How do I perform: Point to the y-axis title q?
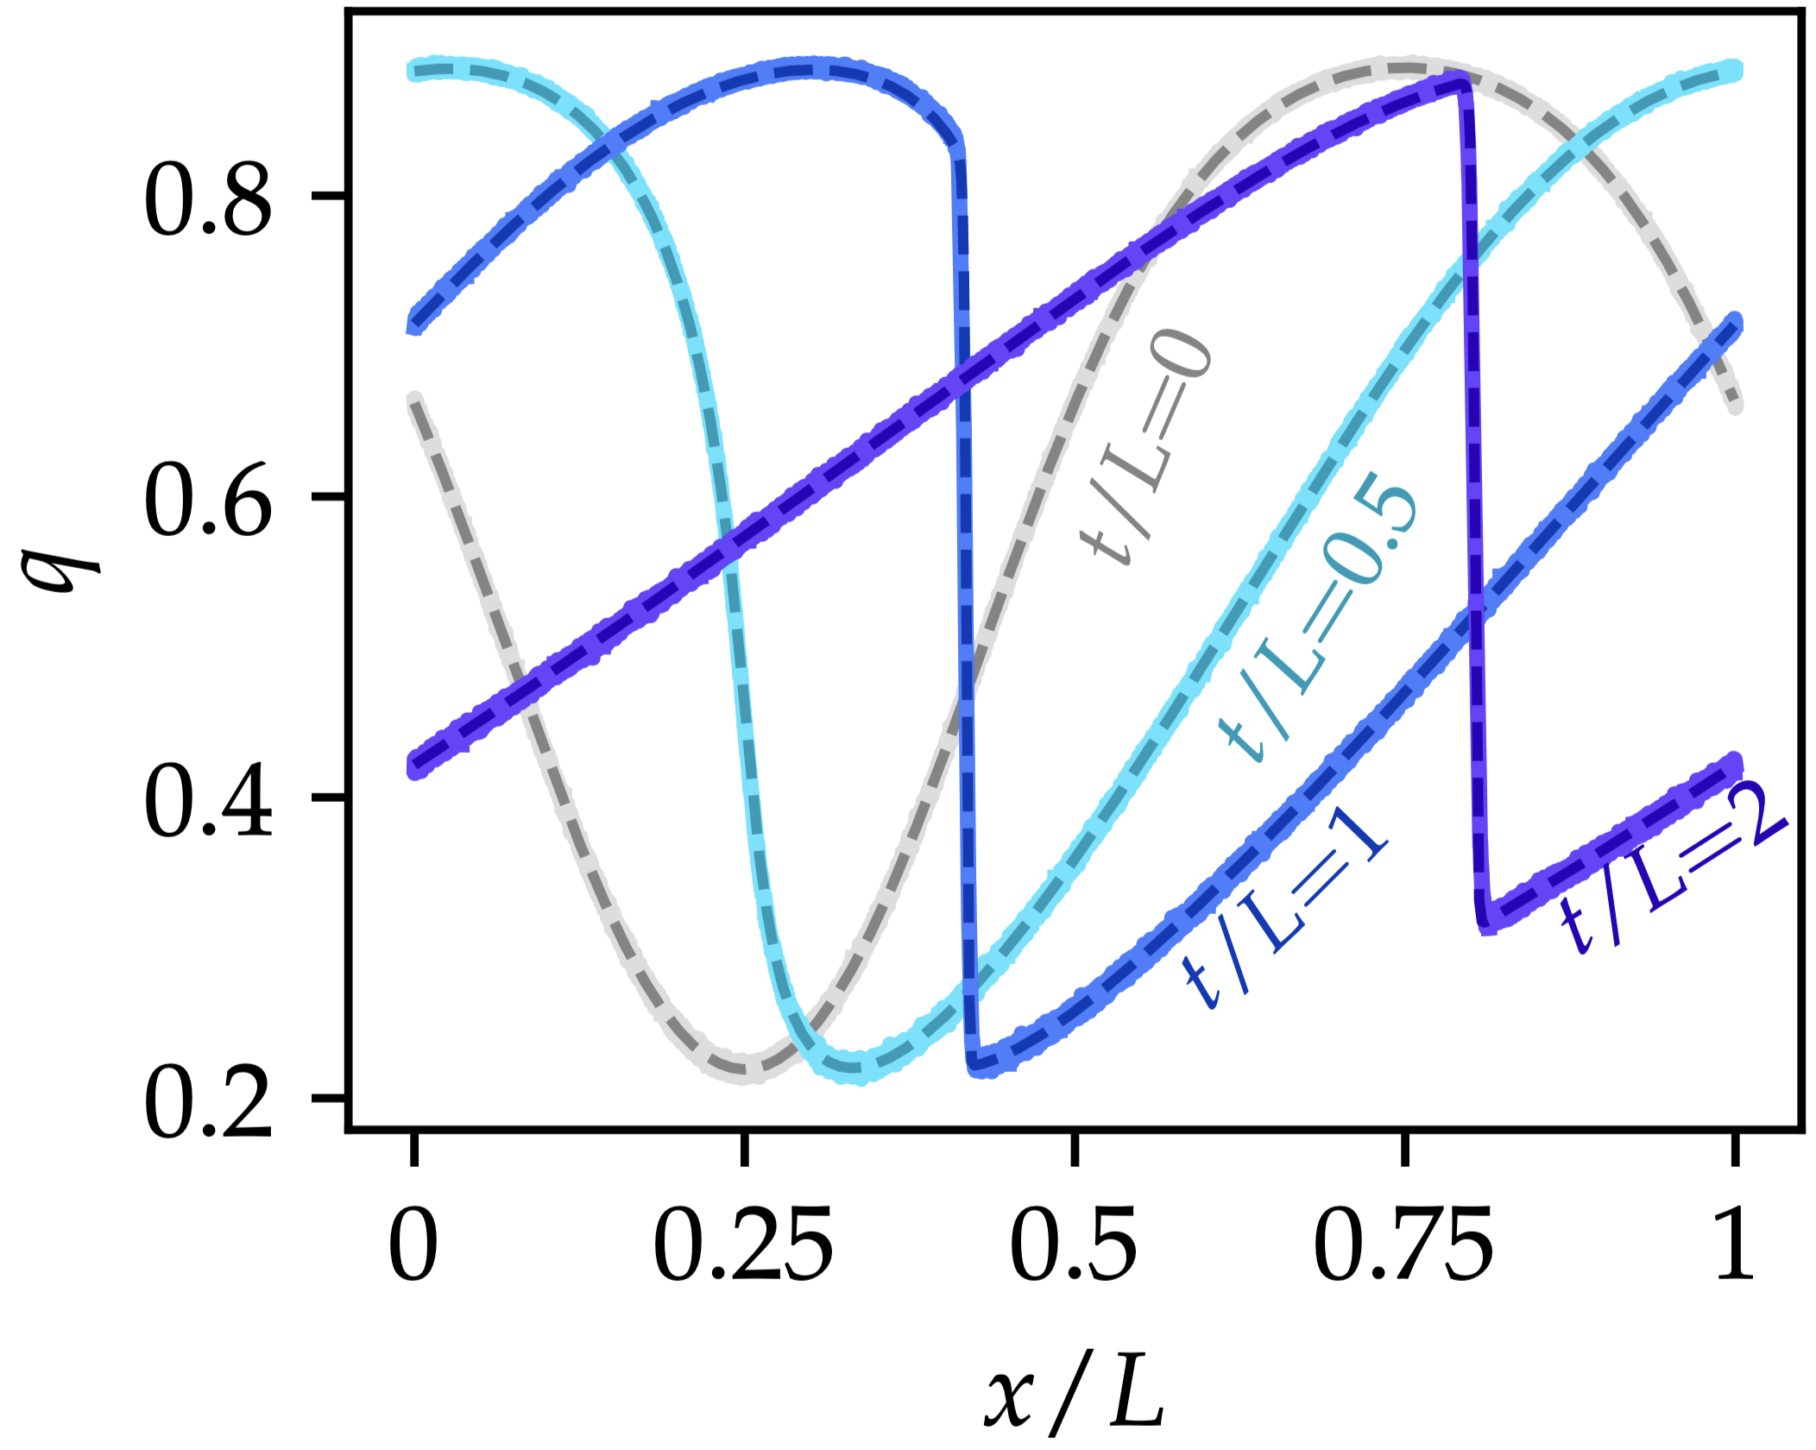(62, 560)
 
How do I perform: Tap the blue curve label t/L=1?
(1286, 906)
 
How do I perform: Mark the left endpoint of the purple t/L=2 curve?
(415, 766)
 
